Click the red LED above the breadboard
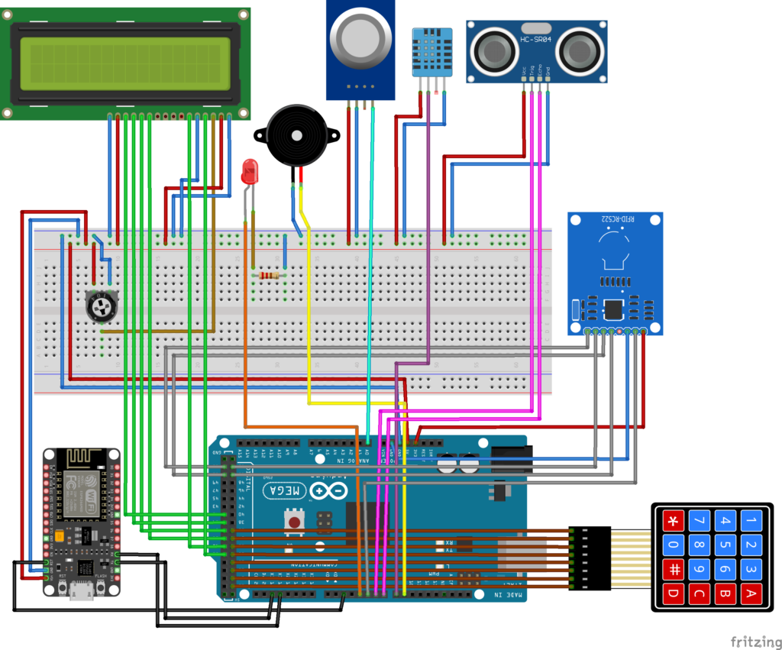[249, 171]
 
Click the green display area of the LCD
[125, 63]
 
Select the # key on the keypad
[674, 569]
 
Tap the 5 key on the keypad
[725, 546]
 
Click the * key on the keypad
[674, 522]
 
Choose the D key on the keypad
[674, 593]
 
